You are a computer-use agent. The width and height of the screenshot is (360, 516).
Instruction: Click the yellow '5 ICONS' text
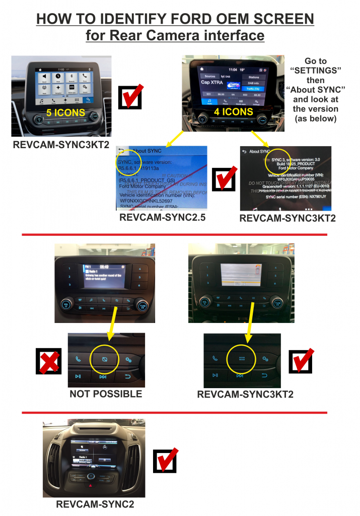pos(65,112)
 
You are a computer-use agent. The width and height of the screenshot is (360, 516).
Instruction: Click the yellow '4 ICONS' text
pos(233,111)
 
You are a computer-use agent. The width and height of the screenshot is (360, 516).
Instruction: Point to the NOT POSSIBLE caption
pos(106,394)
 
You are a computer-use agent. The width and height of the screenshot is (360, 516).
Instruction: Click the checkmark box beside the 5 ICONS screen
pos(130,97)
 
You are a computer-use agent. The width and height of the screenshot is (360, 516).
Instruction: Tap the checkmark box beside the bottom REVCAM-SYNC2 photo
pos(166,460)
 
